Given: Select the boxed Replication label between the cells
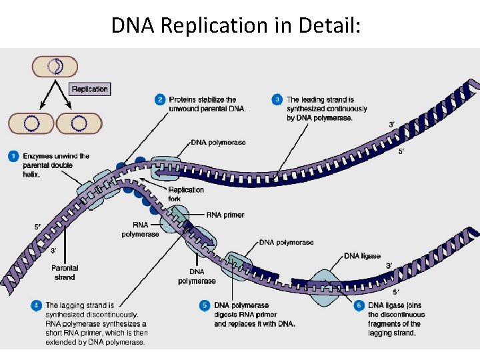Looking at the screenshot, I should (89, 89).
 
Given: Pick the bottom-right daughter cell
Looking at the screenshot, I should (79, 123).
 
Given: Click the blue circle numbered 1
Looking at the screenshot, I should (13, 157).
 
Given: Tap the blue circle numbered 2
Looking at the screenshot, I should (160, 100).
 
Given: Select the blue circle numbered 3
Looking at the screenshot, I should (277, 100).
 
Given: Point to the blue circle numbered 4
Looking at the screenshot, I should (36, 305).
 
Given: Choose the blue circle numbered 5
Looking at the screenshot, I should (205, 305).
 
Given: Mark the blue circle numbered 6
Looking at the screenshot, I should (359, 305).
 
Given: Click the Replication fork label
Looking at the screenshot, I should (186, 194).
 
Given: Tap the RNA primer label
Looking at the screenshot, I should (225, 215).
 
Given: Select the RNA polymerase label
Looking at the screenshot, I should (140, 230).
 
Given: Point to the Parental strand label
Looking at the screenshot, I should (65, 273).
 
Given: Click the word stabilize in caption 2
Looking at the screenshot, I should (208, 100).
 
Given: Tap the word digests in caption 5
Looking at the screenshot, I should (227, 315).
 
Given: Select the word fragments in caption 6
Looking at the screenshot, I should (386, 324).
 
